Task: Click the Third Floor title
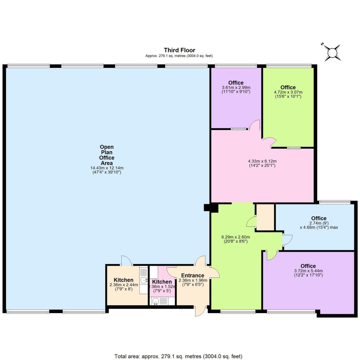179,50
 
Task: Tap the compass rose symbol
332,53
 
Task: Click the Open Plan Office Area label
107,155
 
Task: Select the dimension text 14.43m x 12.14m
107,168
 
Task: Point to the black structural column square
207,208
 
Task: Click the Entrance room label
193,275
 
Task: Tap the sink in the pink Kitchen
155,301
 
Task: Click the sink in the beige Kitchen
143,280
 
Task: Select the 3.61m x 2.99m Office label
236,83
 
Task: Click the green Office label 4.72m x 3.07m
288,88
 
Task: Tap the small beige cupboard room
265,217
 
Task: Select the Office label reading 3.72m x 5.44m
308,266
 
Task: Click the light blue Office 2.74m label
319,218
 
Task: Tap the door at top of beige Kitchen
126,261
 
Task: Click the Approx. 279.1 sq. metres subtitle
179,56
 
